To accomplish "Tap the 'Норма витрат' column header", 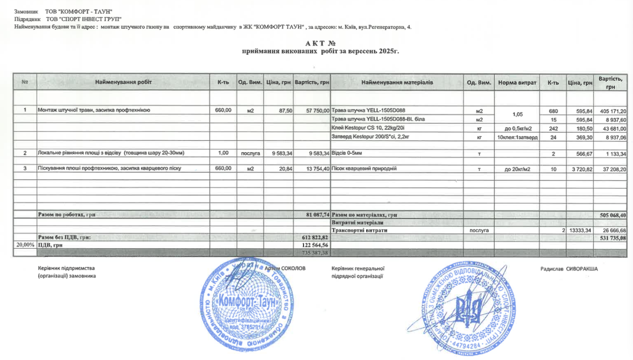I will (x=517, y=83).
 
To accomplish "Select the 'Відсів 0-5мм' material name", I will (x=347, y=153).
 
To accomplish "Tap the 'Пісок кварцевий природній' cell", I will (x=364, y=168).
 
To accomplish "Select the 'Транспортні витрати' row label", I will (x=360, y=230).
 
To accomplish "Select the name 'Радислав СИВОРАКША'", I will (x=569, y=268).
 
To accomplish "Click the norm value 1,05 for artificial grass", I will (x=517, y=115).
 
